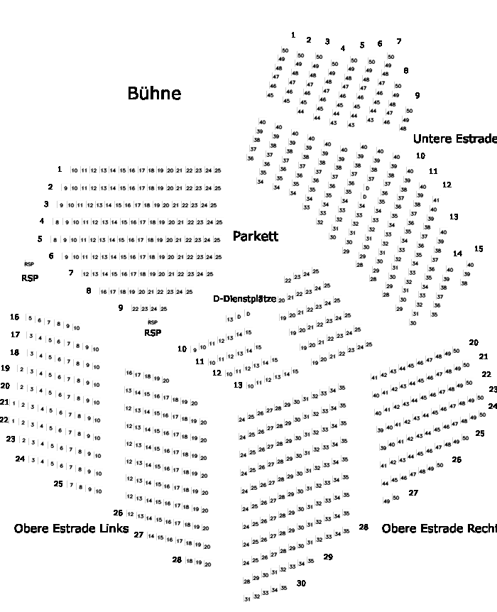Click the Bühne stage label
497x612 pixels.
(154, 93)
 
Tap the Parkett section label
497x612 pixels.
(256, 236)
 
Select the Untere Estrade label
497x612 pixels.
(454, 138)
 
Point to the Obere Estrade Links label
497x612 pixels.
(71, 528)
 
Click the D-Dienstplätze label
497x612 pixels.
(245, 299)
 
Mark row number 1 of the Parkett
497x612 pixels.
(60, 169)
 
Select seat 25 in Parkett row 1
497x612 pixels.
(218, 171)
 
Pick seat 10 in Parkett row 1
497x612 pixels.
(75, 171)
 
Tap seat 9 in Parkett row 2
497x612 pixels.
(65, 188)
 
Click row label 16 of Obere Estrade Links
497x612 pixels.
(15, 317)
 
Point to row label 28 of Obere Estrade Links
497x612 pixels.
(177, 559)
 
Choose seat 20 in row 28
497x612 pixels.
(207, 564)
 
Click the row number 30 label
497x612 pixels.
(301, 583)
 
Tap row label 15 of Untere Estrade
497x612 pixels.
(479, 248)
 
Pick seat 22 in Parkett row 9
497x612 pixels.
(135, 309)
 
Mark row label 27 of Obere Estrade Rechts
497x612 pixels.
(413, 492)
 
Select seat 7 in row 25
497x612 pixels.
(71, 488)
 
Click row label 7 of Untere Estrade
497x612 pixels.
(399, 41)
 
